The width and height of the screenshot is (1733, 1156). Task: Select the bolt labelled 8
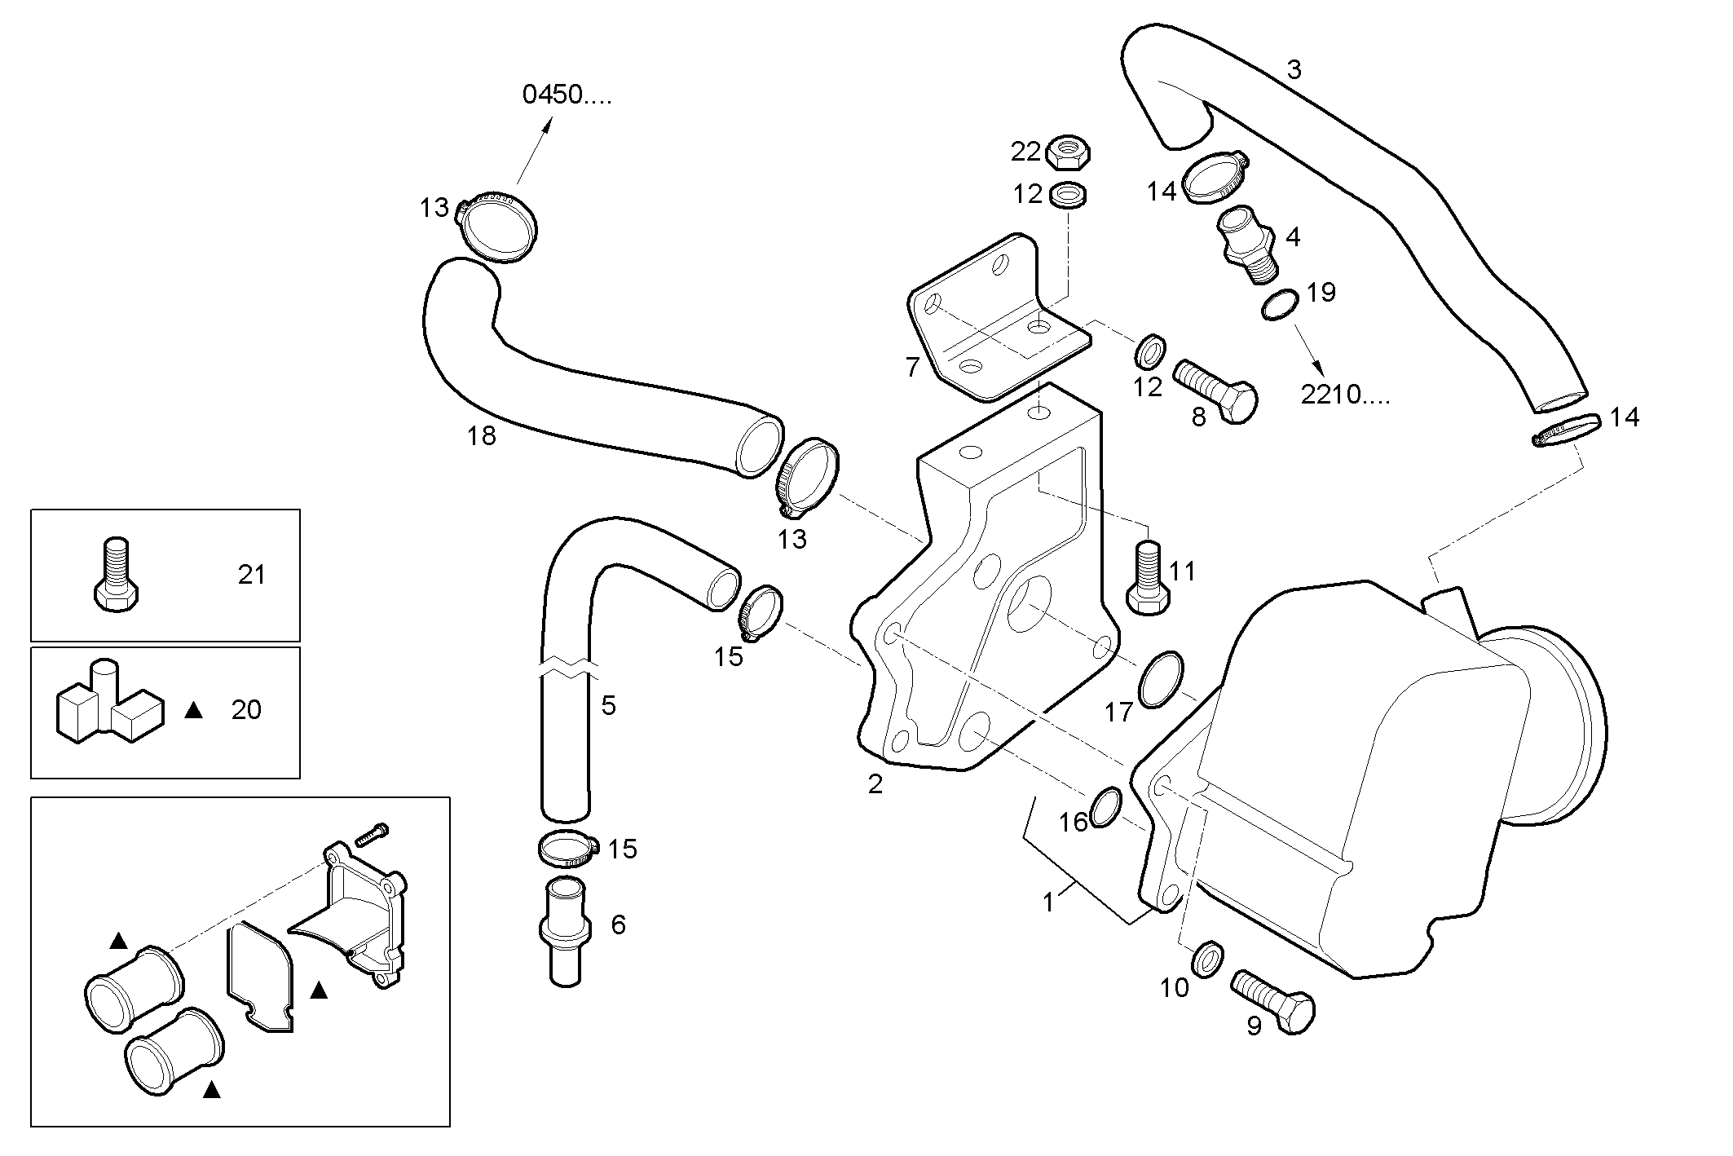point(1215,391)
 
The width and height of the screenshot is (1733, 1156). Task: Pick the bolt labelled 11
point(1148,578)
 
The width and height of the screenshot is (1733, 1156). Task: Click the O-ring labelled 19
point(1280,305)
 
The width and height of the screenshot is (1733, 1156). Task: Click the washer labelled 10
point(1208,959)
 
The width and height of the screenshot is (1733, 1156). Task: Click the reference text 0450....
point(566,95)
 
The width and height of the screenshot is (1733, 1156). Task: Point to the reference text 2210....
point(1344,395)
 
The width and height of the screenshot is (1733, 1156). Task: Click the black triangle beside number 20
point(193,711)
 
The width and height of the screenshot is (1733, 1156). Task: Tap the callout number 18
point(482,436)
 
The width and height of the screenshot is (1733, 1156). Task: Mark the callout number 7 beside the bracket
point(913,367)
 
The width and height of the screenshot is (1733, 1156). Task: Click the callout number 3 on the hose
point(1294,70)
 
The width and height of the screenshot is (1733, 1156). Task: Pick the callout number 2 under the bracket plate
point(875,784)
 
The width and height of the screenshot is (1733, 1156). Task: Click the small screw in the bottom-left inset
point(372,834)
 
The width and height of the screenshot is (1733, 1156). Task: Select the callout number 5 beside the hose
point(609,705)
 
